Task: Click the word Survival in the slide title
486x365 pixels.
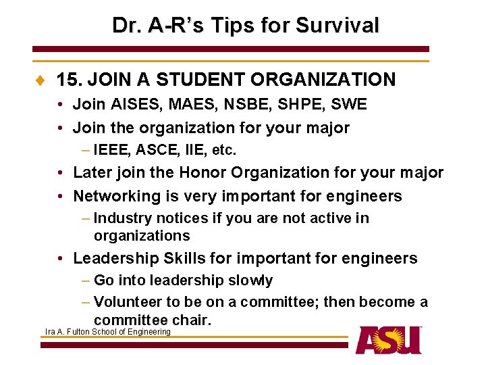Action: click(x=340, y=26)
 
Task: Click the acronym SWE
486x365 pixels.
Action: click(x=348, y=105)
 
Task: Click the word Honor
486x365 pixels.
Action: click(x=202, y=173)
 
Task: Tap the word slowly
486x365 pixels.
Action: click(x=249, y=281)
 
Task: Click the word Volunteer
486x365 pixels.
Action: click(x=128, y=302)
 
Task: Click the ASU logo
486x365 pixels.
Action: click(x=389, y=340)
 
